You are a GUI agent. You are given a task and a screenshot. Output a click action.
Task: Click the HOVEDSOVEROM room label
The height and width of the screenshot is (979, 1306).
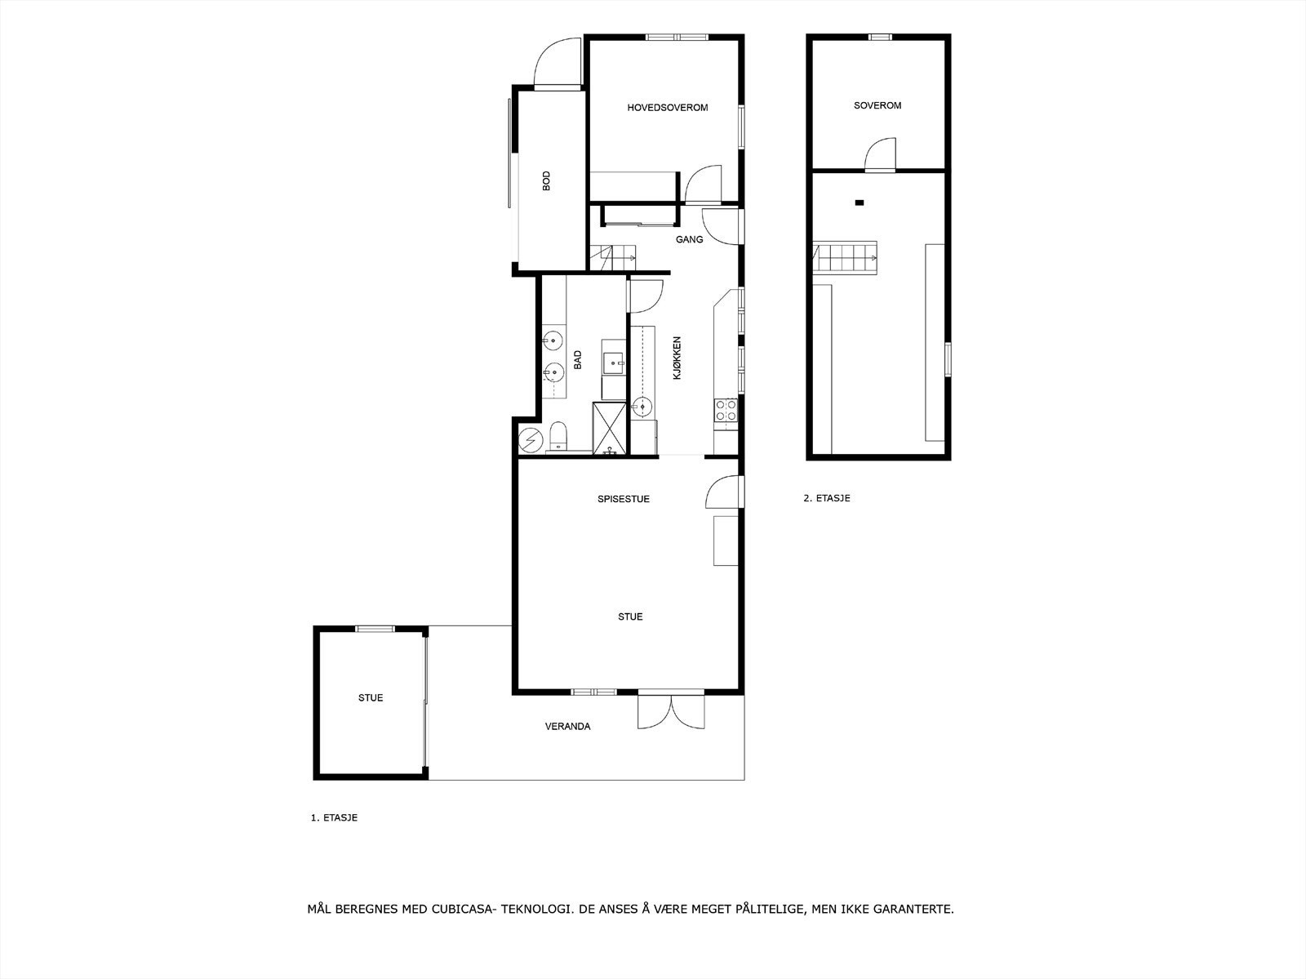point(667,108)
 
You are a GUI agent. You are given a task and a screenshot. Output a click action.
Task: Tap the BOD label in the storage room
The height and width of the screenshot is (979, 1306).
point(546,180)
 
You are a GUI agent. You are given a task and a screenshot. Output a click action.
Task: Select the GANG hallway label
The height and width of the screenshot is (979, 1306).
point(689,239)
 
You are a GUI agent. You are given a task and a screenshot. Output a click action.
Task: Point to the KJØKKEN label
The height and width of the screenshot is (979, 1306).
point(676,358)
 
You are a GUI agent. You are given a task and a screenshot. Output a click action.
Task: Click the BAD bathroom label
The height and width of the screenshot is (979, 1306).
point(577,360)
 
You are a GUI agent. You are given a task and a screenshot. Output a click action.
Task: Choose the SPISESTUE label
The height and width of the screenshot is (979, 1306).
point(624,499)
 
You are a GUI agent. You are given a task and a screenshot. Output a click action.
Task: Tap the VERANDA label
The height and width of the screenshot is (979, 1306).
point(567,726)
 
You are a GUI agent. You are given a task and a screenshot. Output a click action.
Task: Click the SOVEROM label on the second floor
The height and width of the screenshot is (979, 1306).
point(877,105)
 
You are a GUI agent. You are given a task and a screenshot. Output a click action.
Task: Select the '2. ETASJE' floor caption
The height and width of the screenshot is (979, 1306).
point(827,497)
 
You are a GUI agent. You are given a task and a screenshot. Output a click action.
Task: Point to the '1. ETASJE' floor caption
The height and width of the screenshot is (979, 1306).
point(334,817)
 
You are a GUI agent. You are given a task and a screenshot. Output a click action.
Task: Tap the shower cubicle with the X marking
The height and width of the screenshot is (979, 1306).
point(610,426)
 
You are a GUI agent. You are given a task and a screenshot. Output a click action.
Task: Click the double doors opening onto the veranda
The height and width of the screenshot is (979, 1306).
point(669,710)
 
